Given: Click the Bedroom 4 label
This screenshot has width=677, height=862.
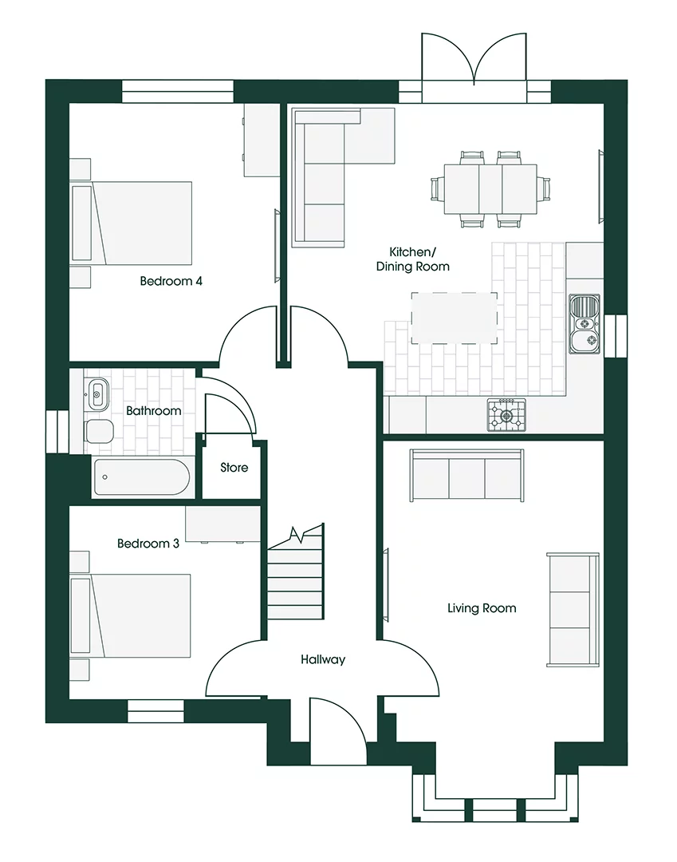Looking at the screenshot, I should click(x=171, y=281).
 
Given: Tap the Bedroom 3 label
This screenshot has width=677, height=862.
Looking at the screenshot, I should click(x=148, y=544).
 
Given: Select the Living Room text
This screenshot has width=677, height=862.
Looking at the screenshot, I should click(x=481, y=608).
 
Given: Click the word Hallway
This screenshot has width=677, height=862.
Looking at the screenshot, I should click(x=323, y=659).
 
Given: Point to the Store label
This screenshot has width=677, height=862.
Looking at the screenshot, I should click(x=234, y=468).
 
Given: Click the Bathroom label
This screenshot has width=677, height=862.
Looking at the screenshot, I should click(x=153, y=411).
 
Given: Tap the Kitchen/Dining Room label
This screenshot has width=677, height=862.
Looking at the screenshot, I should click(x=413, y=259).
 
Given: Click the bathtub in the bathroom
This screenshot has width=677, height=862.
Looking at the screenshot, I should click(x=141, y=477).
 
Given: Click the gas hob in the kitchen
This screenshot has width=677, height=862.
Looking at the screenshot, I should click(x=507, y=414).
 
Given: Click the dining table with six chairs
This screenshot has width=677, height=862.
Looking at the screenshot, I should click(x=490, y=189).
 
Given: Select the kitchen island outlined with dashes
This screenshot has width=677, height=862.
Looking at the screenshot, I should click(x=454, y=318).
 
